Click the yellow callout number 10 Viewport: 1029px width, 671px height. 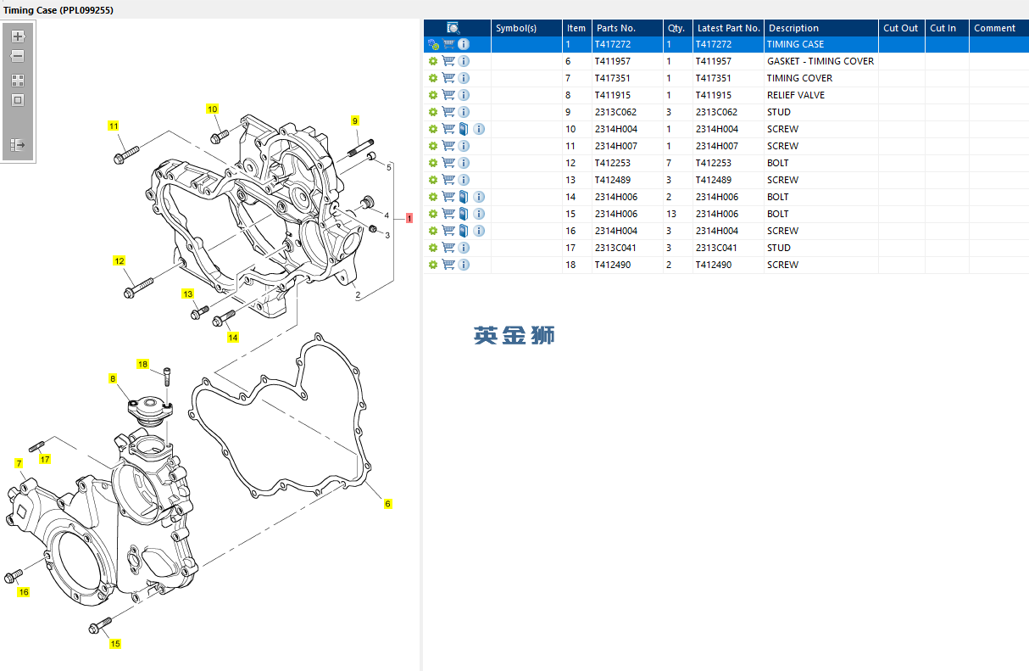tap(212, 109)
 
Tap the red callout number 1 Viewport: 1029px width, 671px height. tap(409, 218)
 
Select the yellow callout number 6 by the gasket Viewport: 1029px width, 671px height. tap(387, 504)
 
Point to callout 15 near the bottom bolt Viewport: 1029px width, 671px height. tap(114, 644)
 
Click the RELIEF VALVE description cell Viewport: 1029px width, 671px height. tap(796, 95)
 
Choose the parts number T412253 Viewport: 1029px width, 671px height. tap(612, 163)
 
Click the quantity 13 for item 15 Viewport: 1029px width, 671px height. tap(671, 214)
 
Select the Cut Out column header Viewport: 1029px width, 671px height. tap(900, 28)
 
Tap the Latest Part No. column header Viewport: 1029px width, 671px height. tap(729, 28)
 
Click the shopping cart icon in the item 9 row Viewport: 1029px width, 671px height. tap(448, 112)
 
